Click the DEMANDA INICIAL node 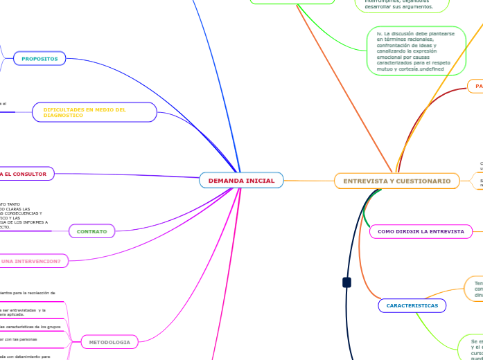coord(241,181)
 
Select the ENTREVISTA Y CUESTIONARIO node coord(396,181)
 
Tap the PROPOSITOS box coord(39,59)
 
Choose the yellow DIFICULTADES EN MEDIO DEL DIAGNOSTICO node coord(95,112)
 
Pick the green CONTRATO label coord(92,231)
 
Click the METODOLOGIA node coord(109,342)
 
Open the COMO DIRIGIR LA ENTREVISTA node coord(421,231)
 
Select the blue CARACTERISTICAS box coord(412,305)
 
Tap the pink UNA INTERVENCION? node coord(30,261)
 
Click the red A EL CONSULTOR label coord(24,174)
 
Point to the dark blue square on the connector coord(346,282)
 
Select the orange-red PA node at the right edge coord(477,86)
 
